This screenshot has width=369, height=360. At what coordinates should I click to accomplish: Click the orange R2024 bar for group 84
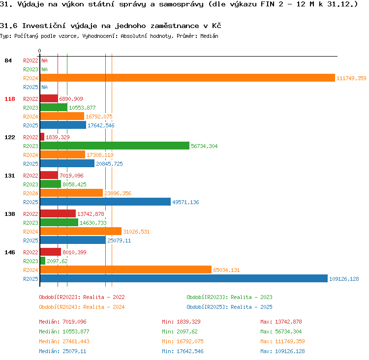pos(187,78)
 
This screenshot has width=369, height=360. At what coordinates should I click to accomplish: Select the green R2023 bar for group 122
pos(115,146)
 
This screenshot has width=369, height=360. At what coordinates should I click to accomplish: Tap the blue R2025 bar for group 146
pos(184,278)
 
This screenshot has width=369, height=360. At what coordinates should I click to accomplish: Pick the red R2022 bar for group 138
pos(58,213)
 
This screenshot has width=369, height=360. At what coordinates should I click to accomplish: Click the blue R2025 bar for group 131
pos(105,202)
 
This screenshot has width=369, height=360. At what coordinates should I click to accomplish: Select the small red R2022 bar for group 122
pos(42,137)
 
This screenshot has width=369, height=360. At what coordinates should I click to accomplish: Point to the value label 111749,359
pos(351,78)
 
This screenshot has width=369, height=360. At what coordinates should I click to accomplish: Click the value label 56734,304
pos(204,146)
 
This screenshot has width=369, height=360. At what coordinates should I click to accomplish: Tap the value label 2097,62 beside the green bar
pos(57,261)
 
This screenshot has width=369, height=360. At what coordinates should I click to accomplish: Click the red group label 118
pos(10,99)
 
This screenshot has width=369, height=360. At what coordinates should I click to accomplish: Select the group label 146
pos(10,252)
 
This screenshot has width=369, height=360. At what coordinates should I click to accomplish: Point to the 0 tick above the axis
pos(39,51)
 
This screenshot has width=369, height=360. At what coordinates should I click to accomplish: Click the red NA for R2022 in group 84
pos(44,60)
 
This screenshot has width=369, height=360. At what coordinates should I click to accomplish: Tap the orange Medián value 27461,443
pos(76,341)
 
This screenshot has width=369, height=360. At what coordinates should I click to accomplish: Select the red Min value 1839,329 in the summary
pos(189,322)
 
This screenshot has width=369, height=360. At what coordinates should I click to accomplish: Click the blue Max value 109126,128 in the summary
pos(290,351)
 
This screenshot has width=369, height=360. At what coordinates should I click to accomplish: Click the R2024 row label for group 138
pos(31,232)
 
